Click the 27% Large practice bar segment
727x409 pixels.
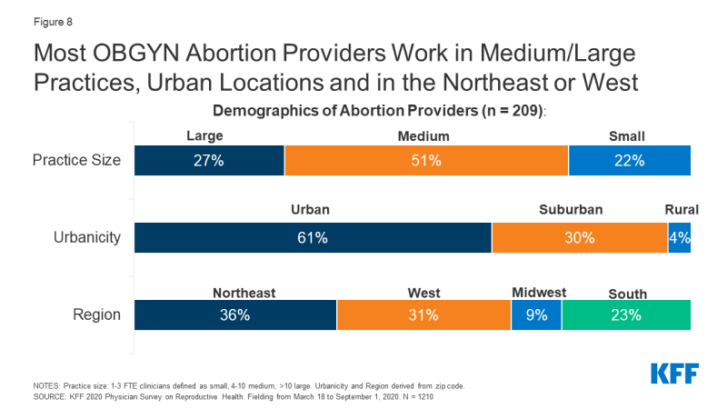(x=209, y=161)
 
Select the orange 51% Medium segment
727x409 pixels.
(x=426, y=161)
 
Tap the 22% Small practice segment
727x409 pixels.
(x=630, y=161)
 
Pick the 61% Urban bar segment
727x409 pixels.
(x=313, y=238)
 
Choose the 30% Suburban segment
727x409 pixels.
(x=580, y=238)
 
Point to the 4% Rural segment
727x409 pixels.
(x=679, y=238)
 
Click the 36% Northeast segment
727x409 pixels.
(x=235, y=314)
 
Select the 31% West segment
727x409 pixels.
(x=423, y=314)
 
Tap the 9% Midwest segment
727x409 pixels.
(x=536, y=314)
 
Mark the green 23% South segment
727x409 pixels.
(x=626, y=314)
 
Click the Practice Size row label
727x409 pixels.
(x=76, y=160)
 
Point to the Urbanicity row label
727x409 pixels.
(x=87, y=237)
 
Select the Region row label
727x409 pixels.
(x=97, y=314)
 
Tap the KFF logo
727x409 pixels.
(x=674, y=374)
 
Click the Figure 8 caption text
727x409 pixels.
(x=53, y=22)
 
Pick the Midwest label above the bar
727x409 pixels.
(x=539, y=293)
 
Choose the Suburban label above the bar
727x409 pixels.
(x=571, y=210)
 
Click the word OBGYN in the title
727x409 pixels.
(x=135, y=53)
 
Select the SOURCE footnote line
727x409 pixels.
(x=234, y=397)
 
